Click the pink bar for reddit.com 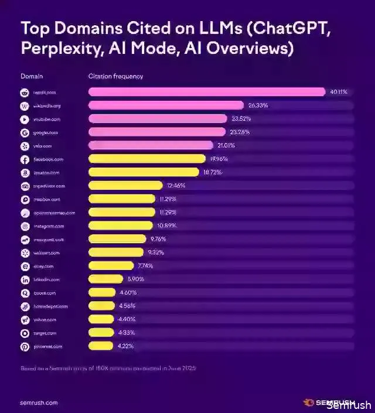pos(206,92)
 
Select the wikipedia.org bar pos(166,105)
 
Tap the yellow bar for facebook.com pos(146,159)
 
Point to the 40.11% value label pos(339,92)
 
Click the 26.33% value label pos(258,105)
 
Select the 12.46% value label pos(176,186)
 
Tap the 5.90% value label pos(136,279)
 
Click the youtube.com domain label pos(47,119)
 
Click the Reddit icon pos(25,93)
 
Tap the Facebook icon pos(25,159)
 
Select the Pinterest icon pos(25,347)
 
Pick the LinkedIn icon pos(25,280)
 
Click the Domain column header pos(32,76)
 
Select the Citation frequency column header pos(115,76)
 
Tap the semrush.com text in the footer pos(39,403)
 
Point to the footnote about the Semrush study pos(108,368)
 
